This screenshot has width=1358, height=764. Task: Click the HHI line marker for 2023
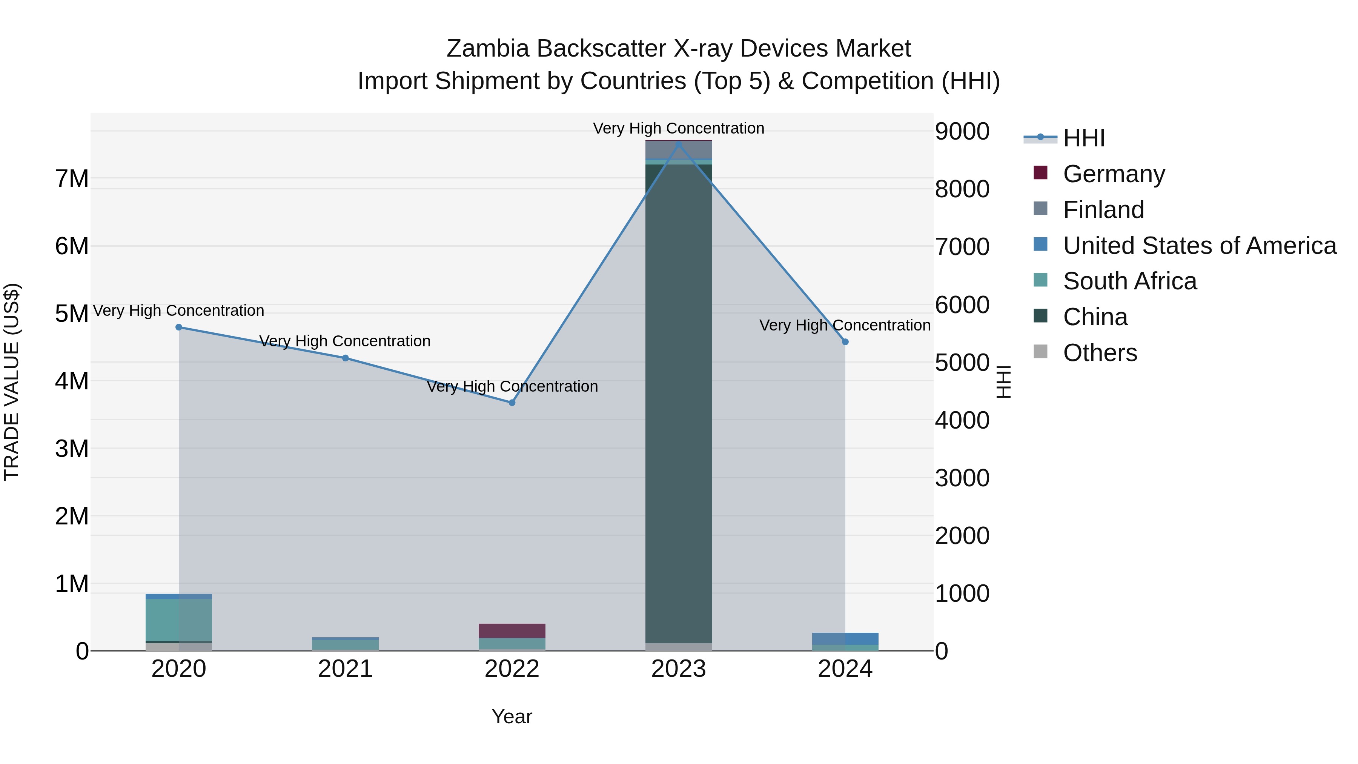tap(679, 144)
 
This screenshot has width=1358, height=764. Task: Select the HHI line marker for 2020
tap(179, 327)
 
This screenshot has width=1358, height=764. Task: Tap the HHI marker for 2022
tap(512, 403)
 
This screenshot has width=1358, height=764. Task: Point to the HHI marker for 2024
tap(845, 342)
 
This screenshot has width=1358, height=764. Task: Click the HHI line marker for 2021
tap(345, 358)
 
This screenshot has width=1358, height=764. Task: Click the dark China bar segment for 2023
tap(679, 401)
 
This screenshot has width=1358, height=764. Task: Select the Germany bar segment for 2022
tap(512, 630)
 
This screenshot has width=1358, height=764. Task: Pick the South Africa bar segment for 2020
tap(179, 620)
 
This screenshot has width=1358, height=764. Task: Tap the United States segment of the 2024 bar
tap(845, 638)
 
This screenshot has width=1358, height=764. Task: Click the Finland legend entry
tap(1103, 210)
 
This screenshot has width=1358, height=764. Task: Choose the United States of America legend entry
tap(1199, 246)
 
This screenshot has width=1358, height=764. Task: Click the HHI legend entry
tap(1084, 138)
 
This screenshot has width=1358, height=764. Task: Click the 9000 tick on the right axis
tap(962, 131)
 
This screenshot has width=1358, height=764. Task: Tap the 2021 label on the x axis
tap(345, 669)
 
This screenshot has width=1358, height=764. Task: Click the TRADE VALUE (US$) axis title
tap(12, 382)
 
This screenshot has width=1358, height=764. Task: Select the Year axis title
tap(512, 716)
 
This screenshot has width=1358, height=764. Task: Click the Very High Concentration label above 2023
tap(679, 128)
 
